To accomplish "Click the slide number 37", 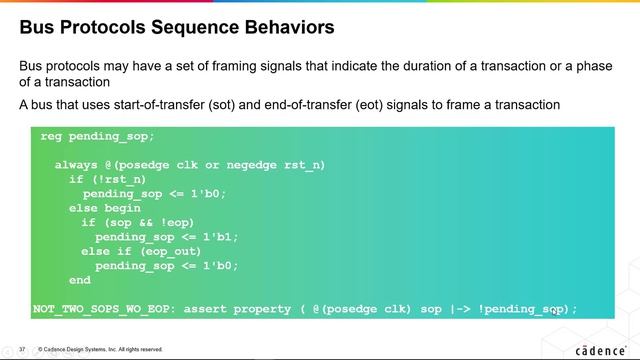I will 21,349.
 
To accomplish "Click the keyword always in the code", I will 75,164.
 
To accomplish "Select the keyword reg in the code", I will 51,135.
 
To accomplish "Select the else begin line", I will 97,208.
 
